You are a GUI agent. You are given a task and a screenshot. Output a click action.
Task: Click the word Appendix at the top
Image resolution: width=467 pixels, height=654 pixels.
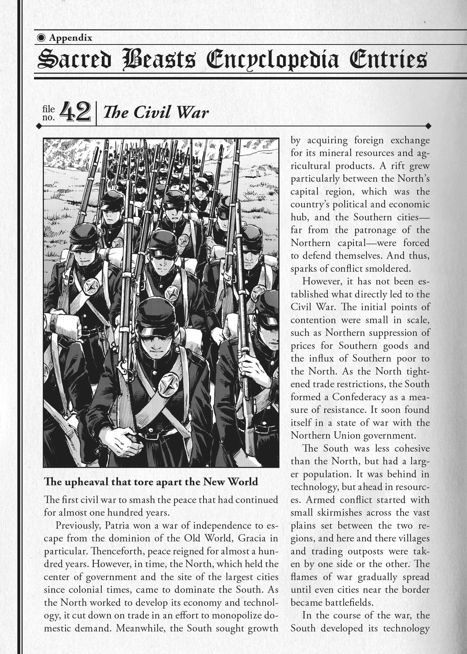click(70, 38)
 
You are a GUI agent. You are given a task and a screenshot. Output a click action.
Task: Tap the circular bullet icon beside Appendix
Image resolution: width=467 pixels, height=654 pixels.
click(41, 38)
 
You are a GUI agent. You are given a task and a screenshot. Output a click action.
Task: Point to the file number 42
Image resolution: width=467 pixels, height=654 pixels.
click(75, 112)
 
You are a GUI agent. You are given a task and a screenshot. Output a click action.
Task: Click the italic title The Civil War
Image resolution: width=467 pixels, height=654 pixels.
click(156, 112)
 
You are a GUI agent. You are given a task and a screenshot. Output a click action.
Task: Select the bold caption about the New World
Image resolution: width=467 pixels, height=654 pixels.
click(151, 482)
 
